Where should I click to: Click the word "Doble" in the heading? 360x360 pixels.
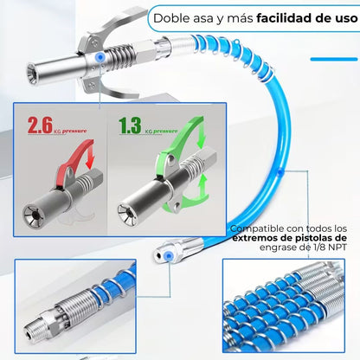170,16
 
